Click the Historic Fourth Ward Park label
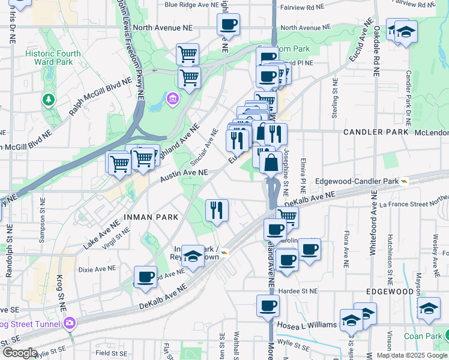click(53, 58)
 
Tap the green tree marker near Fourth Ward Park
click(48, 100)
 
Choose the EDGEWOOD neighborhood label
click(390, 292)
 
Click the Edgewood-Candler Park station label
click(365, 181)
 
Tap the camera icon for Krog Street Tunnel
click(70, 323)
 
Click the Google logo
click(20, 353)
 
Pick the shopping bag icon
click(271, 163)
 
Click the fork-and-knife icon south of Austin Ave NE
click(217, 211)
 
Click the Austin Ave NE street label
click(184, 176)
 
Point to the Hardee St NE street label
click(301, 292)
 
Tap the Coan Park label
click(423, 336)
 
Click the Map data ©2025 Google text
click(412, 355)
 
